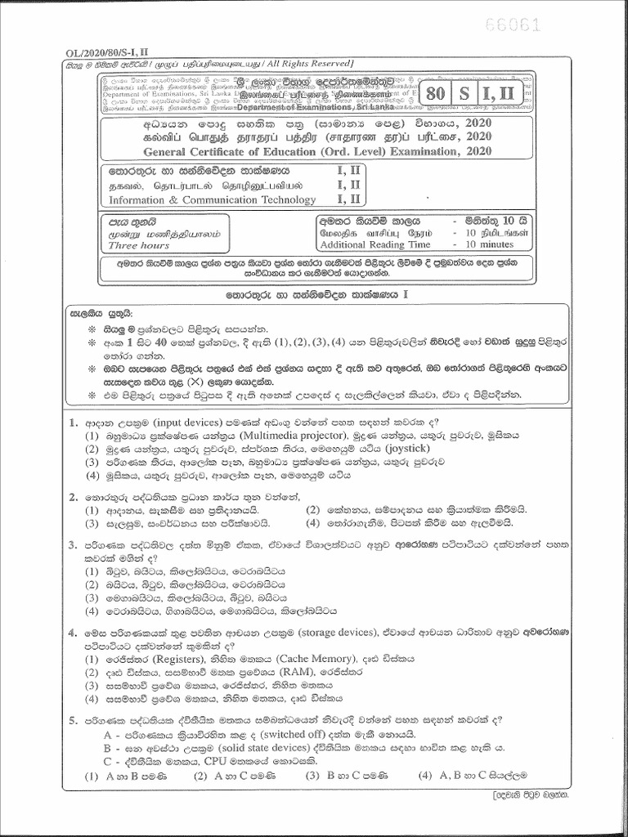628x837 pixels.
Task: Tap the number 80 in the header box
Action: (x=436, y=93)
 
